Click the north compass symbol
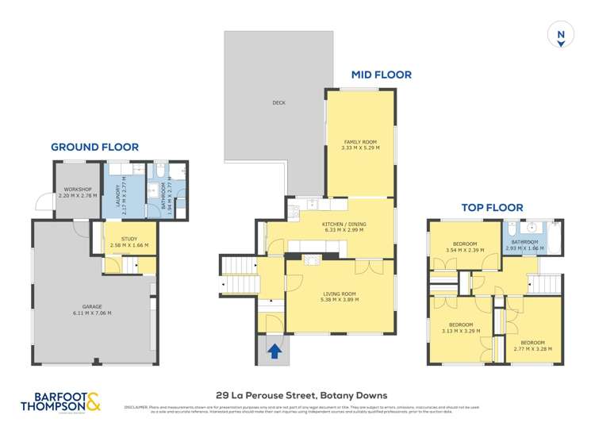click(x=561, y=36)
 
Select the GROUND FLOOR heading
click(x=94, y=147)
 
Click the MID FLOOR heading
click(x=382, y=75)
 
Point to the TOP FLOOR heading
click(x=494, y=209)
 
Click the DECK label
click(x=278, y=102)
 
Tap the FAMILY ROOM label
click(x=359, y=142)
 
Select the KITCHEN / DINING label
click(x=343, y=225)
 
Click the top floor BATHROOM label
click(x=524, y=242)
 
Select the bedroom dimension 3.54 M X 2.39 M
click(x=465, y=251)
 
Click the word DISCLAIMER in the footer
click(x=136, y=407)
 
